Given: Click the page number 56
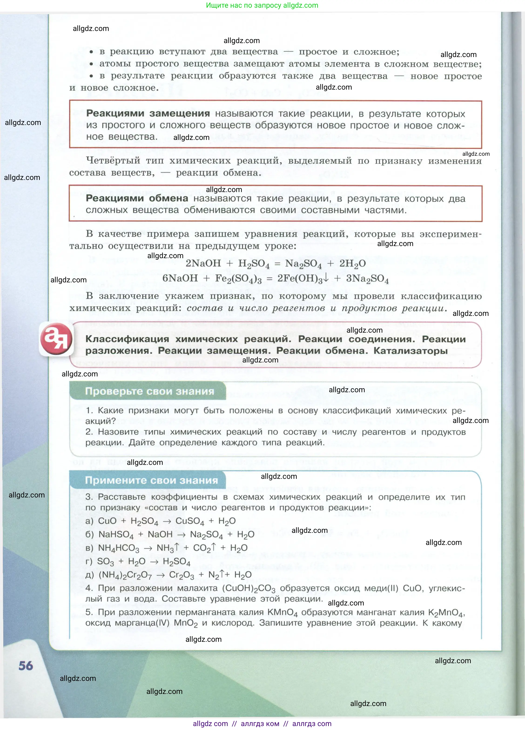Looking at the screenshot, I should (x=26, y=665).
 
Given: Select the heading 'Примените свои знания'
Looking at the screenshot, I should (x=151, y=480).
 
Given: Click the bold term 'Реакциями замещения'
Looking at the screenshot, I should (x=148, y=113).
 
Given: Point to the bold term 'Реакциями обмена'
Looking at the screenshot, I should (x=137, y=198).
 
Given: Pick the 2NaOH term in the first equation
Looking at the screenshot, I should (x=203, y=263).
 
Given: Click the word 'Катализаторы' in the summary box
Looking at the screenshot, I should (x=411, y=351).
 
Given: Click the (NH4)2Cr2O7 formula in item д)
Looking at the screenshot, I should (x=125, y=575).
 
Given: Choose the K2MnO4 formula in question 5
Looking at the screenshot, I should (x=446, y=612).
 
